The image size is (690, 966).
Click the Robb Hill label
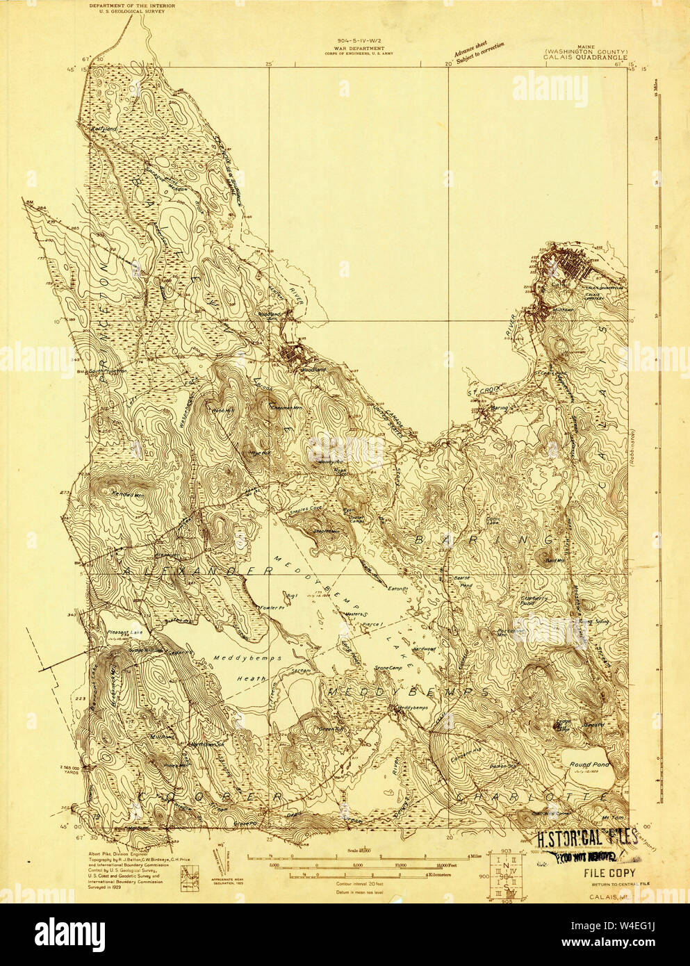(x=220, y=409)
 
